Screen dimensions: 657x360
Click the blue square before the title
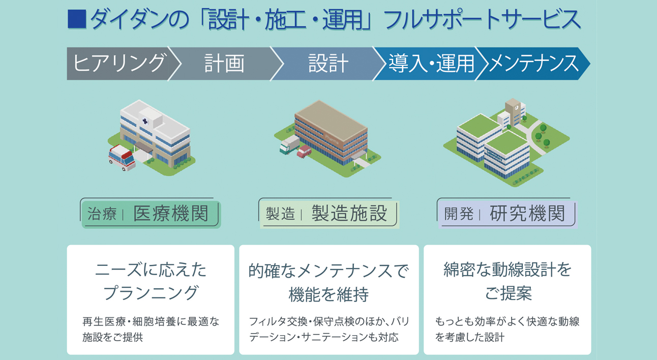[x=77, y=19]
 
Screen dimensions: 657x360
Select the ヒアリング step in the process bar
[x=119, y=64]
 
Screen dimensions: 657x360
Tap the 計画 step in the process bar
[x=224, y=64]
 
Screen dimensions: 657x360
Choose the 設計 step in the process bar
[x=328, y=64]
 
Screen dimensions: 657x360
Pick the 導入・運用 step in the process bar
[x=431, y=64]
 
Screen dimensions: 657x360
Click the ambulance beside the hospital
[x=122, y=157]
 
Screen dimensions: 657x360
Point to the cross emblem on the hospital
[x=145, y=121]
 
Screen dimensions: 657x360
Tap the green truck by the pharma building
[x=289, y=144]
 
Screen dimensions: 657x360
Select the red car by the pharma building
[x=304, y=152]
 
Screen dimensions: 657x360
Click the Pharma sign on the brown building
[x=332, y=139]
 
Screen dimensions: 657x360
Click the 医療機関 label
[x=171, y=213]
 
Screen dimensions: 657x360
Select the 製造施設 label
[x=349, y=213]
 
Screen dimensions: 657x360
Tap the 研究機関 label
[x=527, y=213]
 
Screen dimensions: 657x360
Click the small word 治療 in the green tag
[x=102, y=214]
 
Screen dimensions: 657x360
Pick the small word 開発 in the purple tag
[x=459, y=214]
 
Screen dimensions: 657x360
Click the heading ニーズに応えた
[x=151, y=269]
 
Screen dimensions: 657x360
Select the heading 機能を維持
[x=328, y=294]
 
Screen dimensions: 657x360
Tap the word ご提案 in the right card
[x=509, y=293]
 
